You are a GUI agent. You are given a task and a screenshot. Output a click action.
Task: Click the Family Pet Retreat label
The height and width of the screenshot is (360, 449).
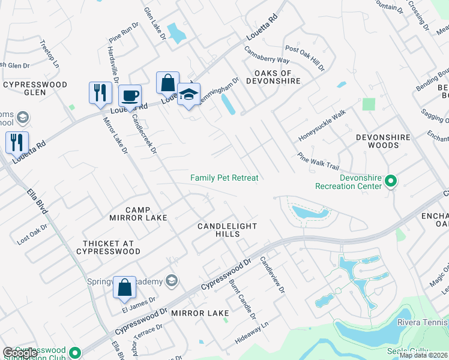pos(224,178)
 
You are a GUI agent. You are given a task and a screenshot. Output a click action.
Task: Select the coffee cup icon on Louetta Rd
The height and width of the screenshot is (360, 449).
pos(130,95)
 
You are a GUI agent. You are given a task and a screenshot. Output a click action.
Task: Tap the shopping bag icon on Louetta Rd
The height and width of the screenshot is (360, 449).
pos(168,83)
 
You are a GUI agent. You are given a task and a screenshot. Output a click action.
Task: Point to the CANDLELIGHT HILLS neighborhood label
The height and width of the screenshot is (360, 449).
pos(228,230)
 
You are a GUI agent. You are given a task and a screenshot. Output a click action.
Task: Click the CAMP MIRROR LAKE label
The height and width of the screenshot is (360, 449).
pos(137,214)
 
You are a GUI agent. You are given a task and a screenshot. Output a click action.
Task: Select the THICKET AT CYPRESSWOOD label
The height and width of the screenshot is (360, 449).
pos(112,247)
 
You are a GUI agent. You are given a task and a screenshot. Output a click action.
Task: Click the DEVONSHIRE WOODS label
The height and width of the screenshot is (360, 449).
pos(383,142)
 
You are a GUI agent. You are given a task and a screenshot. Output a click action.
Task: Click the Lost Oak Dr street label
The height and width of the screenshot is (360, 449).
pos(32,234)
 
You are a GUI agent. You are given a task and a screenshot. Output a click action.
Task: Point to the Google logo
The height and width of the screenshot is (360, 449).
pos(20,353)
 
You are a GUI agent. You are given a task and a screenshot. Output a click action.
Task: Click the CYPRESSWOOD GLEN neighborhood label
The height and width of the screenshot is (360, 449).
pos(35,89)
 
